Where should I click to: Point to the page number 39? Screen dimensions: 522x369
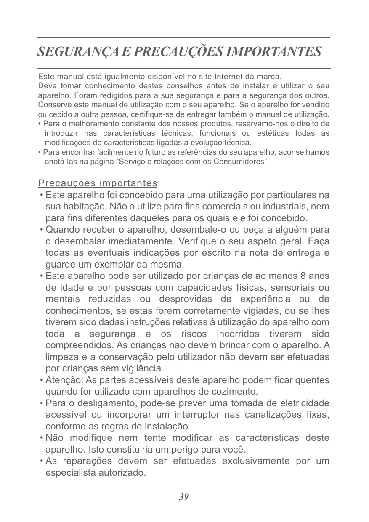(184, 497)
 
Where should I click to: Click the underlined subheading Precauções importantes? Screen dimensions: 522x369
(98, 183)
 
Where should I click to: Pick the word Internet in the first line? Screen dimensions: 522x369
(229, 77)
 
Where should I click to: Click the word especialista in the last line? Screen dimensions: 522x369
(70, 473)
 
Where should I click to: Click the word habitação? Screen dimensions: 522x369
(83, 207)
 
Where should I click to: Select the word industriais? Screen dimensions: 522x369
(289, 207)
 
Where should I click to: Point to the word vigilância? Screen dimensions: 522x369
(141, 369)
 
